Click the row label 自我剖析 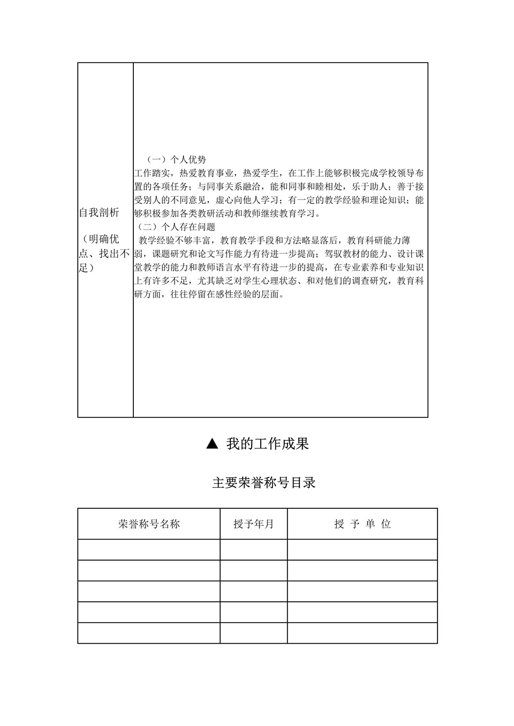tap(100, 213)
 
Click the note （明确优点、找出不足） tap(104, 253)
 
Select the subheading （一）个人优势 tap(177, 159)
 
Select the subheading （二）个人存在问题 tap(177, 227)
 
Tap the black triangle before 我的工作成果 tap(212, 444)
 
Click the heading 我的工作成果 tap(267, 444)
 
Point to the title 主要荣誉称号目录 tap(264, 483)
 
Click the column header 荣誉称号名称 tap(149, 524)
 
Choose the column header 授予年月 tap(253, 524)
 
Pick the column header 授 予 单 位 tap(362, 524)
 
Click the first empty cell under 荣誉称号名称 tap(149, 549)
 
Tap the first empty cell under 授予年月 tap(253, 549)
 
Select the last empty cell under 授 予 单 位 tap(362, 633)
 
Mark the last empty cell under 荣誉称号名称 tap(149, 633)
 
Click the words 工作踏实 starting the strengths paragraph tap(152, 173)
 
